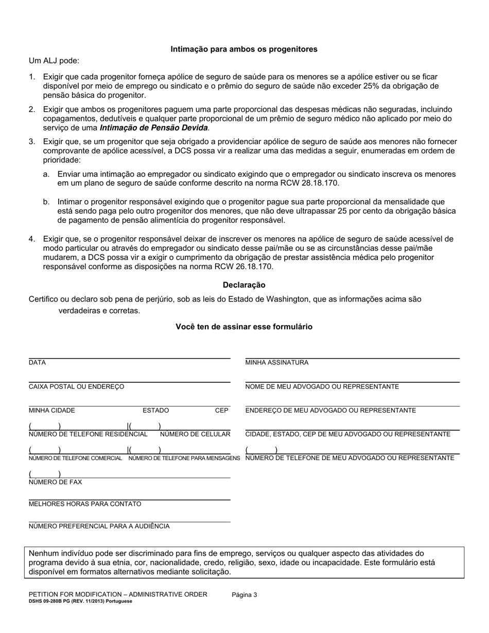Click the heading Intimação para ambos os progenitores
point(244,49)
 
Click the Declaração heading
point(244,285)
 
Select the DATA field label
point(37,363)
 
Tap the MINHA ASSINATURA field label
point(277,363)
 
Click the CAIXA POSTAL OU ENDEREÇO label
point(76,387)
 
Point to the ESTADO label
point(155,411)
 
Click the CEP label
point(221,411)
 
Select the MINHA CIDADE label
point(51,411)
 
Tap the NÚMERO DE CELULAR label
point(195,434)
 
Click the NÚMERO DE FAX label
point(55,482)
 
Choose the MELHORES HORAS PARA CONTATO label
point(85,504)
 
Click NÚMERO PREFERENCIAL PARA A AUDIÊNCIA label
point(99,526)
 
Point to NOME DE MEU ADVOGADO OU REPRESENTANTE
point(322,387)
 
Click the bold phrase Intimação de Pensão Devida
point(153,128)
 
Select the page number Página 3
point(244,595)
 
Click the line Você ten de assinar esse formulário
point(244,327)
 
